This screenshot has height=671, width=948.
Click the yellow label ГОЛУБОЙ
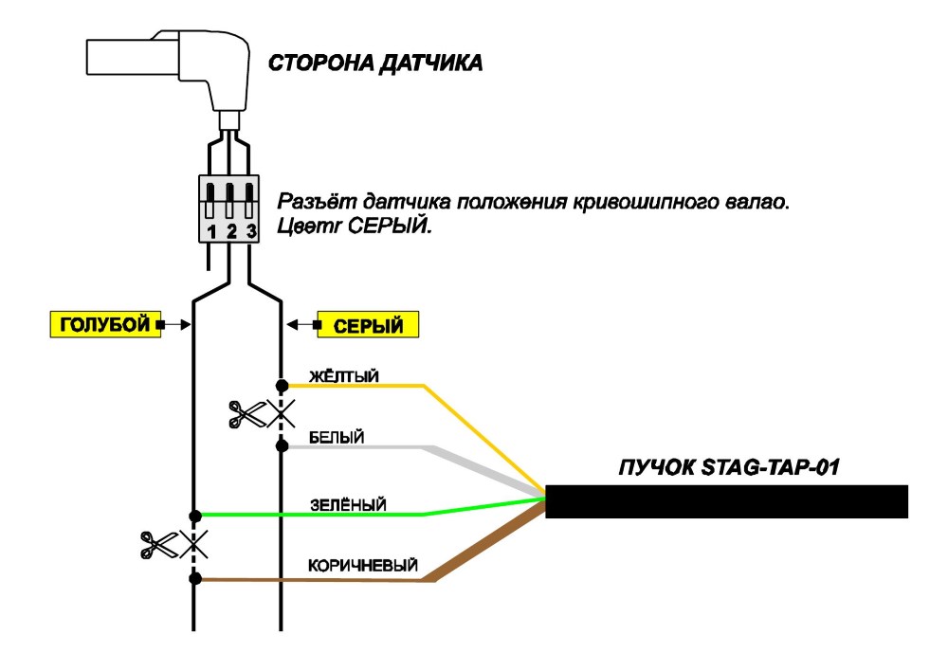click(x=105, y=325)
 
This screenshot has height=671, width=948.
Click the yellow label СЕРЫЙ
click(x=368, y=325)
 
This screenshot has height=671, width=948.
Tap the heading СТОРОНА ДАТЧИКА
click(x=375, y=63)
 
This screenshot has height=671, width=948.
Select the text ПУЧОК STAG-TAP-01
click(x=729, y=467)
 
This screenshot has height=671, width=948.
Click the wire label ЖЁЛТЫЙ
click(x=344, y=376)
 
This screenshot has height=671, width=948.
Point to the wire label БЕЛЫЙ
click(x=337, y=437)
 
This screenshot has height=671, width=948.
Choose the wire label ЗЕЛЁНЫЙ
click(x=348, y=505)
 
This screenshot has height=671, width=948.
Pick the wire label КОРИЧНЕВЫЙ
click(x=363, y=565)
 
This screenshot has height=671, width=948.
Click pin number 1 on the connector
click(x=211, y=231)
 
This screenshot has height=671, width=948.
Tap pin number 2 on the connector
click(x=231, y=231)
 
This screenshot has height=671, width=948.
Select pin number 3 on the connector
click(x=251, y=231)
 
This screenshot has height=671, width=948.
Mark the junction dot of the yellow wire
click(x=282, y=385)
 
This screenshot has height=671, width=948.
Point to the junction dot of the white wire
click(x=282, y=446)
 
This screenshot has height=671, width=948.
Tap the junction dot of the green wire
click(x=194, y=516)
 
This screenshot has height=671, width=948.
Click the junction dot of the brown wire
click(x=194, y=578)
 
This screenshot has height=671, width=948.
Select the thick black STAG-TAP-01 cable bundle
click(x=727, y=501)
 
